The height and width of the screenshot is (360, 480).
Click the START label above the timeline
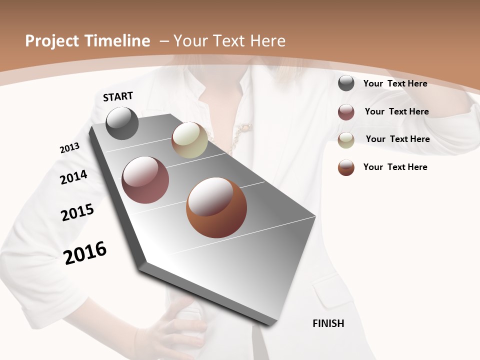[118, 96]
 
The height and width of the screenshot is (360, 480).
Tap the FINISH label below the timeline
[328, 323]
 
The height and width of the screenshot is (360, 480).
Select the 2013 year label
[69, 148]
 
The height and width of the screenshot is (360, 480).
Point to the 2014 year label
[73, 177]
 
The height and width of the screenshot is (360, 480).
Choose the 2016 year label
[85, 253]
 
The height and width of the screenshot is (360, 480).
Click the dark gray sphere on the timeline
[122, 123]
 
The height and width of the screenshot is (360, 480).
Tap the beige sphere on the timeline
[189, 140]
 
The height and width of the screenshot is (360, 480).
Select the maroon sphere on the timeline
[145, 180]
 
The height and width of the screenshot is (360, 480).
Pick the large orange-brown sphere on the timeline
[216, 207]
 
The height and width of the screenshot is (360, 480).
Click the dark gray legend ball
[346, 83]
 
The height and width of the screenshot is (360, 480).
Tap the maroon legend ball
[346, 112]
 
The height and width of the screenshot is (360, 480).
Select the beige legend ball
[346, 140]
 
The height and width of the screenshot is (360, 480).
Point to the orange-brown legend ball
[346, 167]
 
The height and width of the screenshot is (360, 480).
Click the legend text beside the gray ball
[395, 83]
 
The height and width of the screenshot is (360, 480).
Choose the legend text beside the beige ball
[397, 139]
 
